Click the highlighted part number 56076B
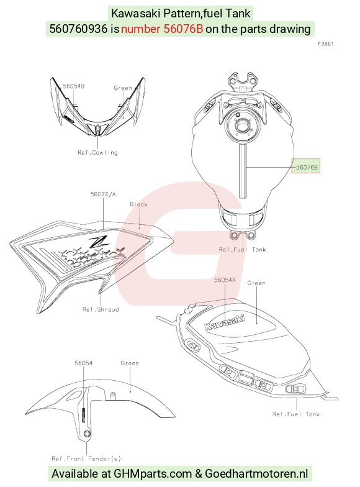pos(307,167)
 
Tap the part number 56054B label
pos(73,86)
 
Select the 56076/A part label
pos(103,194)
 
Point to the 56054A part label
pos(225,280)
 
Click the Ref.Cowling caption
pos(98,153)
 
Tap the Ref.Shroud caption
pos(101,309)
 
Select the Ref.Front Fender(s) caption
pos(86,458)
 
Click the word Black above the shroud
pos(138,204)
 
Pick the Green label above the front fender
pos(130,363)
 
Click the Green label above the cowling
pos(123,88)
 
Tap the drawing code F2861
pos(325,44)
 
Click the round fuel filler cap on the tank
pos(241,125)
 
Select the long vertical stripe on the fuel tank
pos(243,171)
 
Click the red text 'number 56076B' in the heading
pos(162,29)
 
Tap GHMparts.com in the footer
pos(153,473)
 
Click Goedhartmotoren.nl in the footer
pos(256,473)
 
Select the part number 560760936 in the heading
pos(78,29)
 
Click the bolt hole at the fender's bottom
pos(87,434)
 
